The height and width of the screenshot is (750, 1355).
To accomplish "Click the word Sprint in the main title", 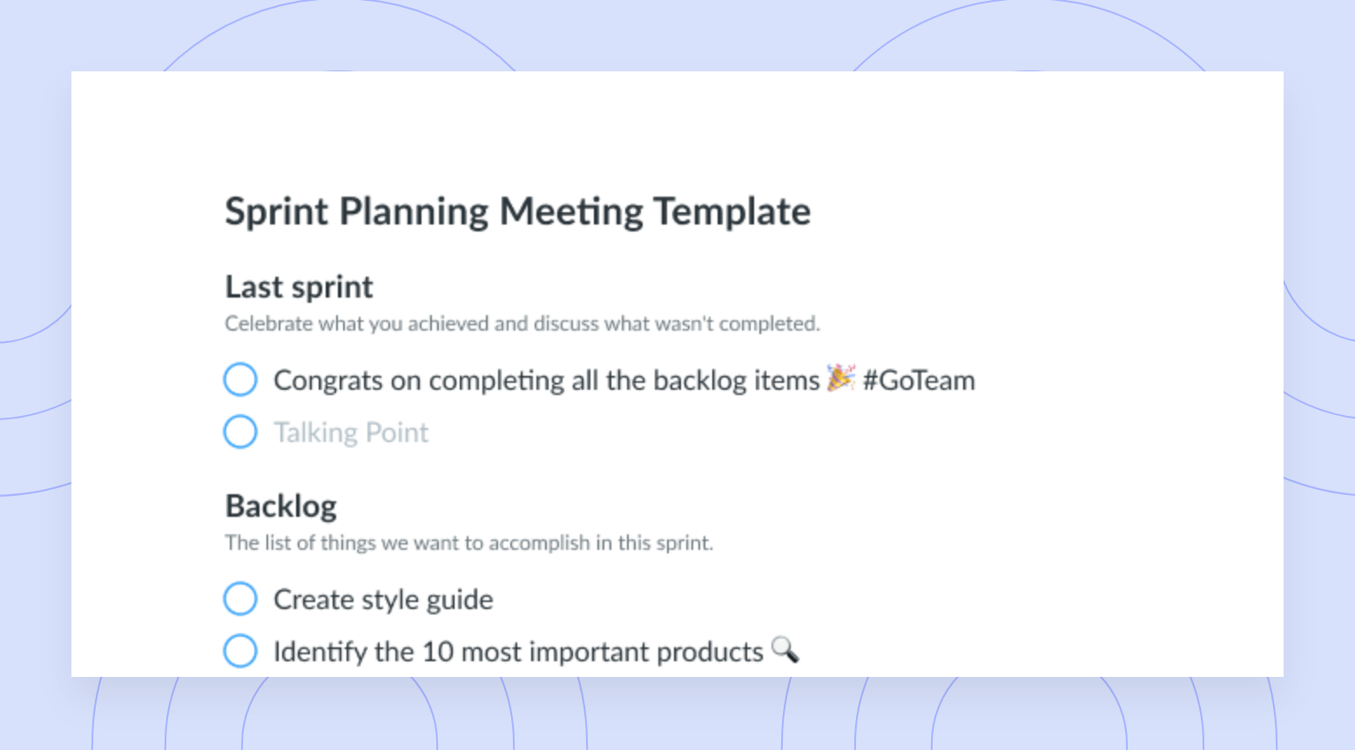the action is coord(276,212).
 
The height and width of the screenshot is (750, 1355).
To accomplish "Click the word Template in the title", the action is coord(732,212).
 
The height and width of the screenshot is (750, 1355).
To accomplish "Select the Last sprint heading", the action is coord(299,287).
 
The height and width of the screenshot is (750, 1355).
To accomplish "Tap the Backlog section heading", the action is coord(280,506).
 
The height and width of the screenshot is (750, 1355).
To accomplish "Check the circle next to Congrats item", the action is coord(240,379).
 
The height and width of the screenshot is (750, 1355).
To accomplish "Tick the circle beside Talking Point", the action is coord(240,432).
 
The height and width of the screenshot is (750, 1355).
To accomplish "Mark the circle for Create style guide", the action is coord(240,599).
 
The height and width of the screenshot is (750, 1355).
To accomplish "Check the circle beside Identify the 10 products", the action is coord(240,650).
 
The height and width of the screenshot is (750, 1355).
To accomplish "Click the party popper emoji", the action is coord(841,378).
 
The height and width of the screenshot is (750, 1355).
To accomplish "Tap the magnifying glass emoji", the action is coord(785,650).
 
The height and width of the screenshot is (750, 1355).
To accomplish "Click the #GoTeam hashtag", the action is coord(919,381).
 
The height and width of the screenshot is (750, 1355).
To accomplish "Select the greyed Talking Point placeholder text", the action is coord(351,432).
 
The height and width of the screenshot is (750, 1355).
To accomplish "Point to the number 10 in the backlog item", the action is coord(438,652).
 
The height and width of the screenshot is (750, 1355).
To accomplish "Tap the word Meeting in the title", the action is coord(570,212).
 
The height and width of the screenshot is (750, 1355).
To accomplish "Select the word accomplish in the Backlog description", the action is coord(539,543).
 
